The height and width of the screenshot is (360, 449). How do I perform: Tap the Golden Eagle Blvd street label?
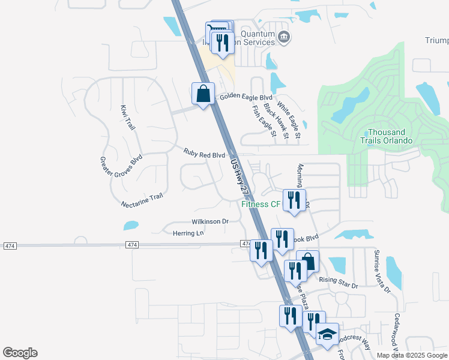(x=246, y=97)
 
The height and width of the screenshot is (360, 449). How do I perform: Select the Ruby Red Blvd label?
(x=204, y=154)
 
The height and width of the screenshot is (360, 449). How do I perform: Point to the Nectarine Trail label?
(x=142, y=200)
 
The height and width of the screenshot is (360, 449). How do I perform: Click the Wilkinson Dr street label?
(x=210, y=221)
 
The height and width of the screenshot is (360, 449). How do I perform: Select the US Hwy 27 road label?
(x=239, y=175)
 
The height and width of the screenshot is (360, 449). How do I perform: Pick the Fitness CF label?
(x=261, y=204)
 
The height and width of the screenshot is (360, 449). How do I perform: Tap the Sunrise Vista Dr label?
(x=382, y=271)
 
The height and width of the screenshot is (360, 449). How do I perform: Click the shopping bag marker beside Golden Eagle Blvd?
(x=203, y=94)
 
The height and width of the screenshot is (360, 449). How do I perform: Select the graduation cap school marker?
(x=327, y=334)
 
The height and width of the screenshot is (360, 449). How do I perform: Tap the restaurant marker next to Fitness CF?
(x=294, y=200)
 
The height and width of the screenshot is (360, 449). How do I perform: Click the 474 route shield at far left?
(x=10, y=246)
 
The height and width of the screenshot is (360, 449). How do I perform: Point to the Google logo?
(x=20, y=353)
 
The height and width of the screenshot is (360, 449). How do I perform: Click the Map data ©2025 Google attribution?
(x=412, y=355)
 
